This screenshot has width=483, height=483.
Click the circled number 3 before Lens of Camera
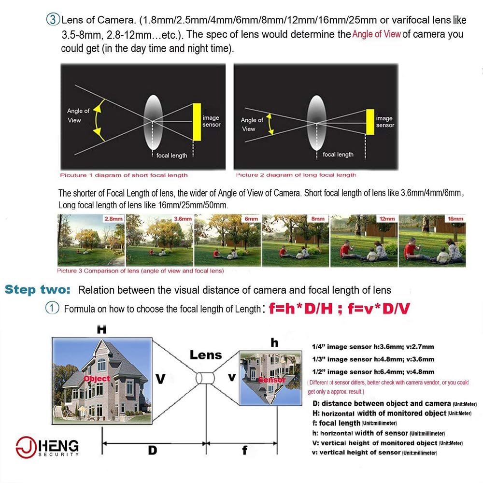point(52,20)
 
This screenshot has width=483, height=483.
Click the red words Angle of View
point(376,34)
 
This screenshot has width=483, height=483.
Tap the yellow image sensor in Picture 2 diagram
point(370,122)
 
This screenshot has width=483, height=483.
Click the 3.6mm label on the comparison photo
point(182,218)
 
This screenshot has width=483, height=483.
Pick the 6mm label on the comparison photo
point(250,218)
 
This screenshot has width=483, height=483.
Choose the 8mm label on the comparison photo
point(318,218)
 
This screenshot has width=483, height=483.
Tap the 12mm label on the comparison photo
point(386,218)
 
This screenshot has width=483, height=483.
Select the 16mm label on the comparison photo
point(455,218)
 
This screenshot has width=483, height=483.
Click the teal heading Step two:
point(38,290)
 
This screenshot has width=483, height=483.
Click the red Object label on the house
point(97,378)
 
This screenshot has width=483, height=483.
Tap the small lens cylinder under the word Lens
point(205,377)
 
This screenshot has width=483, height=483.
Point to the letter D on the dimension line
point(152,450)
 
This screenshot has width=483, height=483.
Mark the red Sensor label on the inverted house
point(272,380)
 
